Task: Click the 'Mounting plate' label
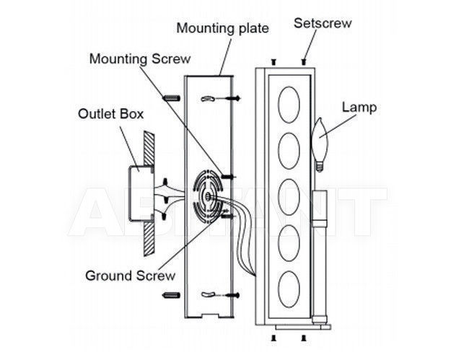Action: click(x=222, y=29)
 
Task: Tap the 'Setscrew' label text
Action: click(x=323, y=23)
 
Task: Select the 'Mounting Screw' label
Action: click(x=140, y=59)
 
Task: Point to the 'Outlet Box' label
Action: click(x=111, y=114)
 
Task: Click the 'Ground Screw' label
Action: click(x=131, y=276)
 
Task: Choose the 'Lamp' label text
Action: click(x=359, y=107)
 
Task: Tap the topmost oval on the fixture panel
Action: click(x=289, y=105)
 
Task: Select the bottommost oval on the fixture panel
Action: click(x=289, y=289)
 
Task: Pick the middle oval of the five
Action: click(x=289, y=197)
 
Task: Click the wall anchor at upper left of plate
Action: click(x=172, y=98)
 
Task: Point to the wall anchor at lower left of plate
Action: click(x=171, y=296)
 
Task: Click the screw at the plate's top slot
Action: click(x=232, y=98)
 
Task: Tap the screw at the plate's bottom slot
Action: click(x=232, y=296)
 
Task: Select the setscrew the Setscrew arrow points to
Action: click(x=304, y=62)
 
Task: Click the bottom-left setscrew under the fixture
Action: click(x=273, y=338)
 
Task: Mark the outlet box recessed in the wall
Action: click(x=141, y=193)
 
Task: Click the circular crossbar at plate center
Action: click(x=209, y=197)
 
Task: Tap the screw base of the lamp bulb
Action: click(x=320, y=167)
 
